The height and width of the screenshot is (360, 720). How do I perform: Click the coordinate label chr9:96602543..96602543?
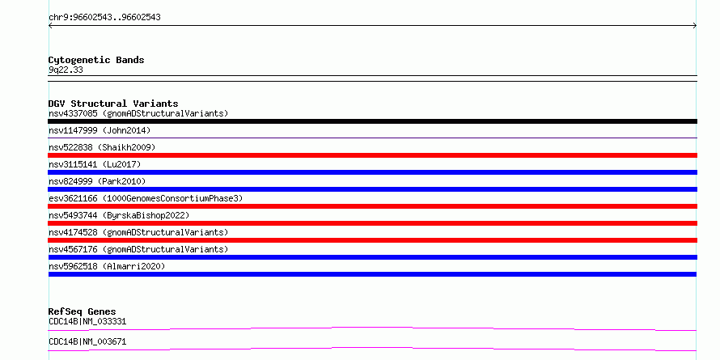click(x=104, y=18)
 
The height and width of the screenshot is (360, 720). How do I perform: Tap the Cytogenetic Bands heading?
click(x=96, y=60)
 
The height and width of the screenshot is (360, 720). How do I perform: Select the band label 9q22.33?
click(x=66, y=70)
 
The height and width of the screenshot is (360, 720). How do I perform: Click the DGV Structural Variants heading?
click(x=113, y=104)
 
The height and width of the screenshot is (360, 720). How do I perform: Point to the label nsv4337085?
click(x=73, y=113)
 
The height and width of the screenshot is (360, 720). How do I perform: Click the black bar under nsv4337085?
click(x=372, y=121)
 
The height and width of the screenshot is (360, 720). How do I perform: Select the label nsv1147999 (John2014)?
click(x=100, y=130)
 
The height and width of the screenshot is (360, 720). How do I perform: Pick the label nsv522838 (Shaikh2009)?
click(x=102, y=147)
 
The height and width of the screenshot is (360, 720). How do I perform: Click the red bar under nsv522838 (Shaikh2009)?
click(x=372, y=155)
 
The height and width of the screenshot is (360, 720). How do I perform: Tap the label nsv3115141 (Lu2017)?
click(x=95, y=164)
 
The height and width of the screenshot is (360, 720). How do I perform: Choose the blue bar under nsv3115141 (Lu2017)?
click(x=372, y=172)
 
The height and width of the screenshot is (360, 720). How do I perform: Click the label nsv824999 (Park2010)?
click(x=97, y=181)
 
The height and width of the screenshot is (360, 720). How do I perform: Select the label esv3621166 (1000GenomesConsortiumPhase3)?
click(x=146, y=198)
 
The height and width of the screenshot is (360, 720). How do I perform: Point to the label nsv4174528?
click(x=73, y=232)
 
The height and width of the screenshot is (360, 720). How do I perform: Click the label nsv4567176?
click(x=73, y=249)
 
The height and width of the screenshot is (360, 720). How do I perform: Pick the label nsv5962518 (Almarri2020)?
click(x=107, y=266)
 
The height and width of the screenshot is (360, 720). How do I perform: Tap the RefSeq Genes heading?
click(x=83, y=311)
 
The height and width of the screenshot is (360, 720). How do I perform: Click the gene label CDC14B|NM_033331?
click(x=87, y=321)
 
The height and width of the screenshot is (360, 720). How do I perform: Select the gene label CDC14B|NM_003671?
click(x=87, y=341)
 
